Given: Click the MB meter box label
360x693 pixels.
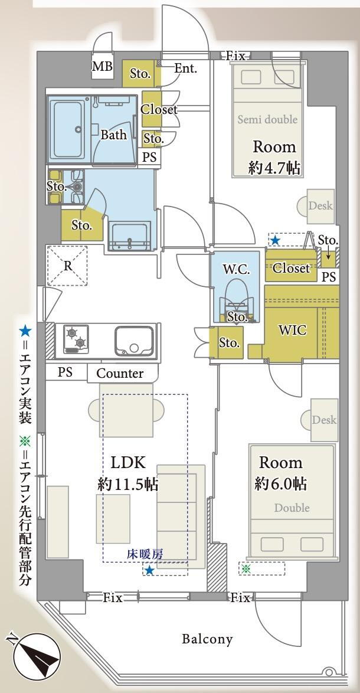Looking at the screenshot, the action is coord(102,67).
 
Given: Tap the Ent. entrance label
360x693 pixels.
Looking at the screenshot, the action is coord(185,68).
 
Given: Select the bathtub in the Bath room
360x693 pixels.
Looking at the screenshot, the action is coord(68,131).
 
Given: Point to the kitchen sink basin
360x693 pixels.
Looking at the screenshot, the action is coord(135,341).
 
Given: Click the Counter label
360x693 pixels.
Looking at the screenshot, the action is coord(120,374).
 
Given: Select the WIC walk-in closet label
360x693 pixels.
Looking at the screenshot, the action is coord(292,330).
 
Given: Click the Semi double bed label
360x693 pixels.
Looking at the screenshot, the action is coord(267,119).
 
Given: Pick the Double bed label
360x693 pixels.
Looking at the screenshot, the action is coord(292,508).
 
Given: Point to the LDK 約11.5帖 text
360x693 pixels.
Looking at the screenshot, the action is coord(127,474).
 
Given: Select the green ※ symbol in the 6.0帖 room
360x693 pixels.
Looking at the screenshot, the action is coord(246,569).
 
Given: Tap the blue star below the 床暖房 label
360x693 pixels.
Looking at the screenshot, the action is coord(150,571).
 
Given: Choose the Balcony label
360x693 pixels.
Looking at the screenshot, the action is coord(207,639).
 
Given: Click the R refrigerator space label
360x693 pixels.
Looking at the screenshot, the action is coord(68,266).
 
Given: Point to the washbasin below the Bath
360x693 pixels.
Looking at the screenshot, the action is coord(130,237).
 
